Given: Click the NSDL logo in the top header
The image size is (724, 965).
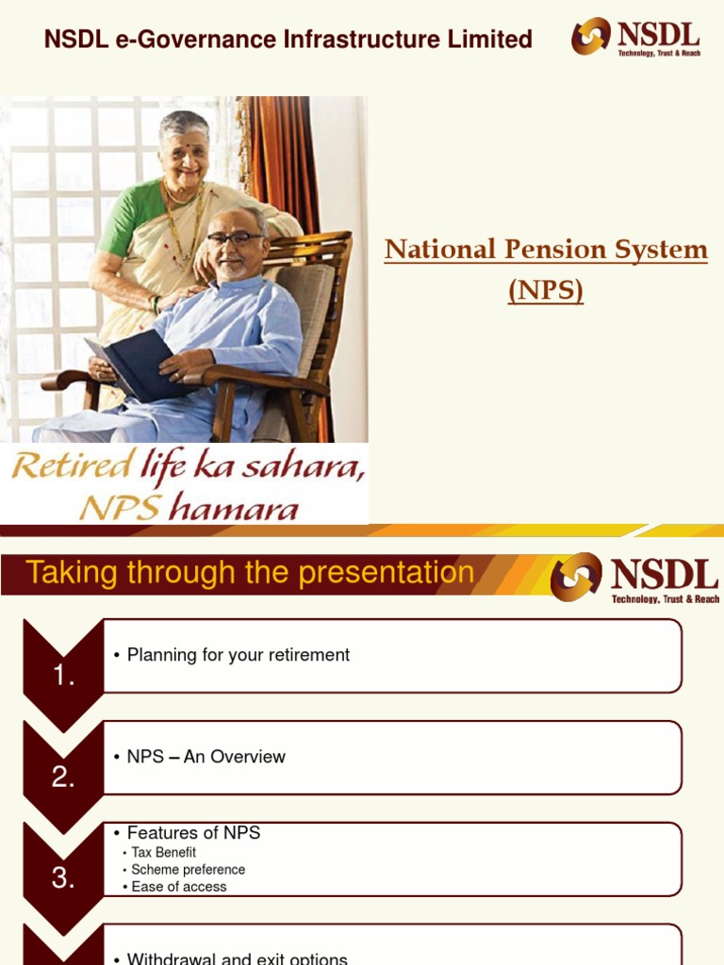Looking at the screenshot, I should click(635, 38).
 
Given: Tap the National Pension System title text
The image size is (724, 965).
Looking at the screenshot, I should click(546, 250).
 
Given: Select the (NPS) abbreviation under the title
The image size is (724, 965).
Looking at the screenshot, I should click(546, 290).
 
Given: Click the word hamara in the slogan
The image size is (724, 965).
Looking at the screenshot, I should click(239, 509).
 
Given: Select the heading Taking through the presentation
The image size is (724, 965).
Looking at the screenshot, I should click(250, 572).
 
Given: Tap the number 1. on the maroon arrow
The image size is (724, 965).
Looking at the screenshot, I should click(63, 676).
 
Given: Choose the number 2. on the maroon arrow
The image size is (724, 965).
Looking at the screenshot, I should click(63, 777).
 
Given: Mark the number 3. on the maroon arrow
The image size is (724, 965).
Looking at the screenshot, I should click(63, 877).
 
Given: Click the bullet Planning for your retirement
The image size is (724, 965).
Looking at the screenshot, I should click(238, 655).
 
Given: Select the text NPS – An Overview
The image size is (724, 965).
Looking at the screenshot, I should click(206, 757).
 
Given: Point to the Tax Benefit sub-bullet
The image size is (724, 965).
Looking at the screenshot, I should click(163, 852).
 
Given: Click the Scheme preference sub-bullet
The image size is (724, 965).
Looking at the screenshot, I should click(188, 869).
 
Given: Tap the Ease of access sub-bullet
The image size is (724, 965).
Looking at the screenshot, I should click(178, 887).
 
